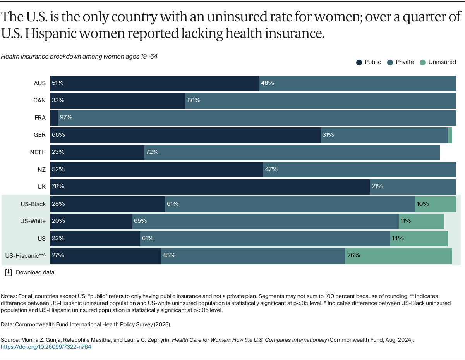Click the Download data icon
8,272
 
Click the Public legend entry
368,62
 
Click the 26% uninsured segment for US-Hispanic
398,256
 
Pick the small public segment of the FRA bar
54,118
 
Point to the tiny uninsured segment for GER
450,135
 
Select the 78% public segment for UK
209,187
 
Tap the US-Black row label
33,204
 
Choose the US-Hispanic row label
26,256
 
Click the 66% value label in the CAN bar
194,100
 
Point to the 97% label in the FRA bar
66,117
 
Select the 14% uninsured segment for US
419,239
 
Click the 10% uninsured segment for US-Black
436,204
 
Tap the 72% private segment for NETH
292,152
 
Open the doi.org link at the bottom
46,347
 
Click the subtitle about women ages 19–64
79,57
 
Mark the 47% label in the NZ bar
271,169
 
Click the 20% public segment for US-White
91,221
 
